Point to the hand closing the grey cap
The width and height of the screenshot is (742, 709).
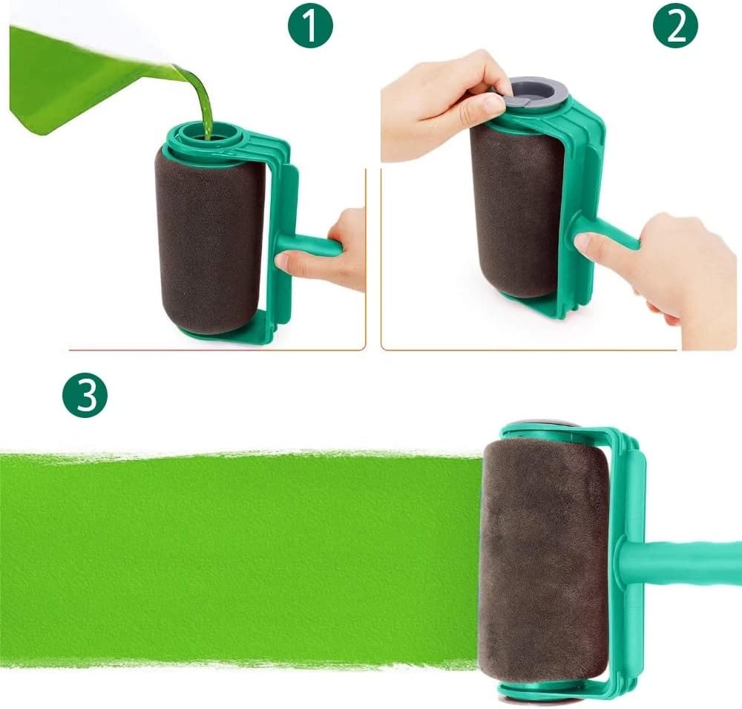click(438, 104)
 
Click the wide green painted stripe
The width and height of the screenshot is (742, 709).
click(237, 557)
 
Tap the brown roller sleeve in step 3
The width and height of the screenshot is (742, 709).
click(545, 557)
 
